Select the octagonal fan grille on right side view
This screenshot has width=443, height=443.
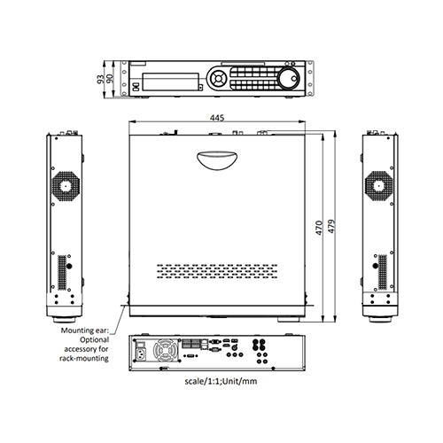click(380, 185)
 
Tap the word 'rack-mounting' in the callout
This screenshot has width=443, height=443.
click(86, 360)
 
